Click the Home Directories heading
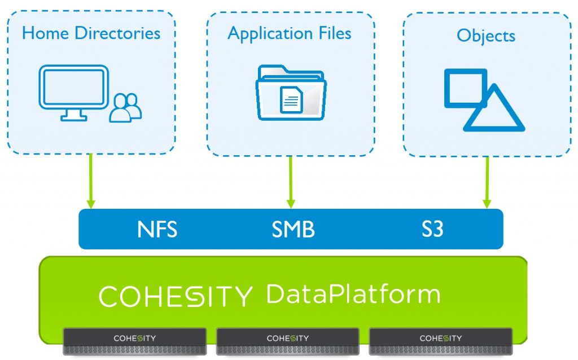(91, 33)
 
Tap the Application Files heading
(289, 33)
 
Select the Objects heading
(486, 36)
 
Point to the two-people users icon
(125, 107)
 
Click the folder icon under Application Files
(291, 93)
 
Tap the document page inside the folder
(291, 100)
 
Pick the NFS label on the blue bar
(157, 230)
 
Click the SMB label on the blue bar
(293, 230)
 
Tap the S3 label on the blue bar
(432, 230)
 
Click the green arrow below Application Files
(291, 181)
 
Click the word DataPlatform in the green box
(353, 294)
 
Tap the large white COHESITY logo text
(176, 296)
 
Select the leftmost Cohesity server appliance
(134, 341)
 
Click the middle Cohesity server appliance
(287, 341)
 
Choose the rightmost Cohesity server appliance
(440, 341)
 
